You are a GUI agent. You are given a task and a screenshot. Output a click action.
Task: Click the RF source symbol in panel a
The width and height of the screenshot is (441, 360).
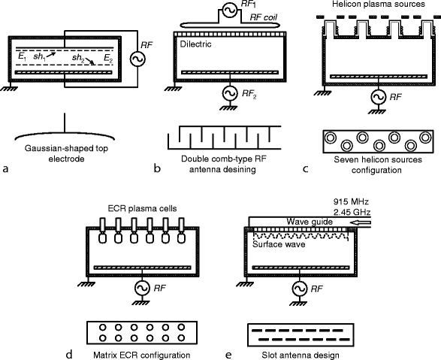point(137,59)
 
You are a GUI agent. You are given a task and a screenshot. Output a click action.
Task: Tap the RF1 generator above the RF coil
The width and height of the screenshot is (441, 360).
point(230,10)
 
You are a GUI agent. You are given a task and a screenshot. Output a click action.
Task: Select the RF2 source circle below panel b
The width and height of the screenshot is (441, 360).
point(230,93)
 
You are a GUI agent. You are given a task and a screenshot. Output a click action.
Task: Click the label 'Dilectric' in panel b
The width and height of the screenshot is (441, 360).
point(195,44)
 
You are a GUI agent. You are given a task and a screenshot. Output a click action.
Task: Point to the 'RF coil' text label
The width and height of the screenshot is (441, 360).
point(264,17)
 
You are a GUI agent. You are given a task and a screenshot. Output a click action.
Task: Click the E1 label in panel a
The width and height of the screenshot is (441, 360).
point(22,57)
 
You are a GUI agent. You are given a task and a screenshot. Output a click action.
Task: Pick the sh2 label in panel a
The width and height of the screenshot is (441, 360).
point(78,58)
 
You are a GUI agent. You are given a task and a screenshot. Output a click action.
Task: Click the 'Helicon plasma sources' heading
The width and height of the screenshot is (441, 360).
point(379,4)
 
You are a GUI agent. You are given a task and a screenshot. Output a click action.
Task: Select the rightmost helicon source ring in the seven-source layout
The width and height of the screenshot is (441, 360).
point(425,138)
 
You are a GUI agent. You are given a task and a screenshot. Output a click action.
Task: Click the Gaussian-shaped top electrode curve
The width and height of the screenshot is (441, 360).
point(65,135)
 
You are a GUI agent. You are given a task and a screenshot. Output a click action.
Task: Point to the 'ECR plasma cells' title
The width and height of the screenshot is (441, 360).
point(142,209)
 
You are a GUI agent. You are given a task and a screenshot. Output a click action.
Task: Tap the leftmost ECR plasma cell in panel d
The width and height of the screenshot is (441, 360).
point(102,231)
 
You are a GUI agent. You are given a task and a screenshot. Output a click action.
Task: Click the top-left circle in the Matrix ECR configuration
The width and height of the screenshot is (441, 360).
point(103,328)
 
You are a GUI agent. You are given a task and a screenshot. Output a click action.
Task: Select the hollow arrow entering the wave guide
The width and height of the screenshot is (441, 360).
point(361,222)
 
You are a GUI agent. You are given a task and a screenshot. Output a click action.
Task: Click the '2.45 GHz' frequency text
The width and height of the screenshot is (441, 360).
point(352,212)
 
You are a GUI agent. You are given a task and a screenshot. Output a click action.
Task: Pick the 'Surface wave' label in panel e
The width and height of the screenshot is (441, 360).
point(279,244)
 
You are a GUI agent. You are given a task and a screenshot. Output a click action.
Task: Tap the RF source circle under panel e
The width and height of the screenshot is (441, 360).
point(300,289)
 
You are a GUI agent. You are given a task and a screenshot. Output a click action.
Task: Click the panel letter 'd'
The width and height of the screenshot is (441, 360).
point(69,355)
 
